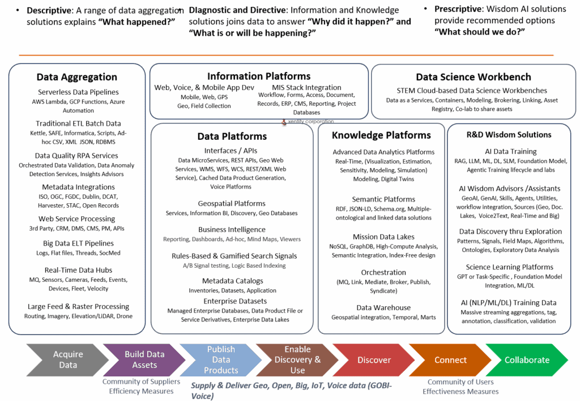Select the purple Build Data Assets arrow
144,359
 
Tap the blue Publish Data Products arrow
221,359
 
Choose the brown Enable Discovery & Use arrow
297,359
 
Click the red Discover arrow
374,359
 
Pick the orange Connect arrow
450,359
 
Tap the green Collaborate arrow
527,359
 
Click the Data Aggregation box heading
77,77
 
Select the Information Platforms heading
259,76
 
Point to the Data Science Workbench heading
474,77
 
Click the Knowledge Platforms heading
381,135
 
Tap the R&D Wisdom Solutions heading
509,135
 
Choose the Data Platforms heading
232,136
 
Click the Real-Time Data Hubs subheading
78,270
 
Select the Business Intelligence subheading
232,230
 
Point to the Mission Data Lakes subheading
383,237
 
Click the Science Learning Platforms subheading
510,267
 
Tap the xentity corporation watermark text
311,121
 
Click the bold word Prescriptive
459,9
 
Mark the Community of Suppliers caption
141,382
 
